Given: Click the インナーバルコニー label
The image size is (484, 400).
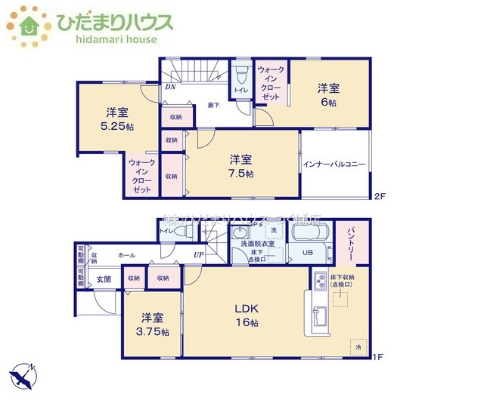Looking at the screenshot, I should click(334, 164).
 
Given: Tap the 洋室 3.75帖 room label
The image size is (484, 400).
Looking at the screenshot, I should click(153, 325).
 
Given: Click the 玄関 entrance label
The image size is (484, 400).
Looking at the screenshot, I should click(104, 279).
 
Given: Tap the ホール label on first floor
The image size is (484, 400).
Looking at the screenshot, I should click(126, 256).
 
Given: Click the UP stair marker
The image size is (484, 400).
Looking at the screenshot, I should click(198, 255).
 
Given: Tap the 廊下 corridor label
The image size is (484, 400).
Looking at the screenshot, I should click(214, 105).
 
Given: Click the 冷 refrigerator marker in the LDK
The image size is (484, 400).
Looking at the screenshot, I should click(357, 346).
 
